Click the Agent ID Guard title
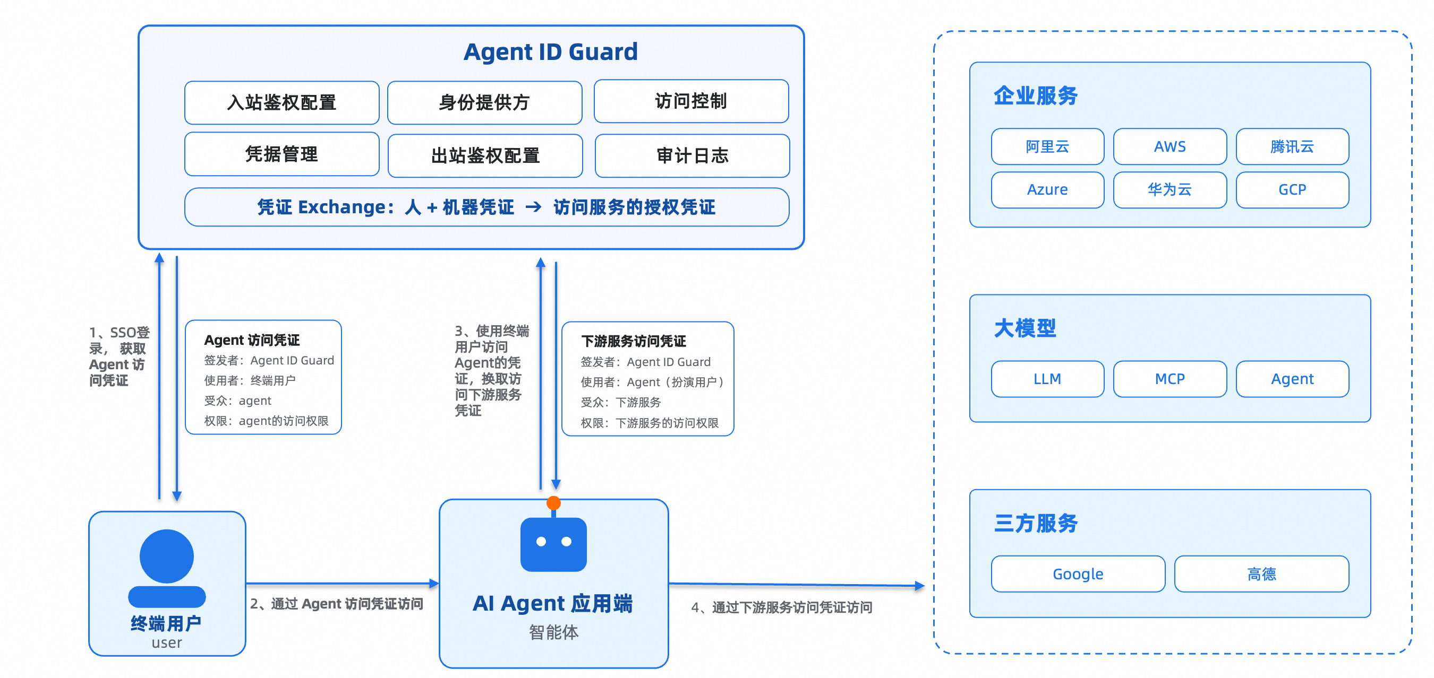pyautogui.click(x=551, y=52)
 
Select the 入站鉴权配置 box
pyautogui.click(x=281, y=102)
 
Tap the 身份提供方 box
pyautogui.click(x=484, y=102)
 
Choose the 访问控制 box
pyautogui.click(x=691, y=101)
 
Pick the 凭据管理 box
pyautogui.click(x=281, y=154)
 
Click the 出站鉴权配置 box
pyautogui.click(x=485, y=156)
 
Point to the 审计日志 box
pyautogui.click(x=692, y=156)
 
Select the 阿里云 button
pyautogui.click(x=1047, y=146)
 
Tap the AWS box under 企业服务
pyautogui.click(x=1170, y=146)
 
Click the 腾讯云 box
pyautogui.click(x=1292, y=146)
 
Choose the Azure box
pyautogui.click(x=1047, y=190)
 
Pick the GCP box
pyautogui.click(x=1292, y=190)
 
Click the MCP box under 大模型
pyautogui.click(x=1170, y=379)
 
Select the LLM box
pyautogui.click(x=1047, y=379)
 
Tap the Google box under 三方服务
pyautogui.click(x=1078, y=573)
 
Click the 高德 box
pyautogui.click(x=1261, y=573)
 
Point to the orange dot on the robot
pyautogui.click(x=553, y=503)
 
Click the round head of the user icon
pyautogui.click(x=166, y=556)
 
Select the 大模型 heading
pyautogui.click(x=1025, y=328)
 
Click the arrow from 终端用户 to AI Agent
pyautogui.click(x=343, y=584)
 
